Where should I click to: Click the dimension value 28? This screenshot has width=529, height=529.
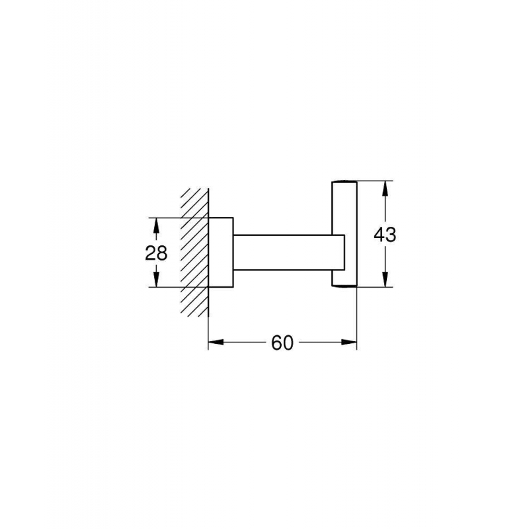coord(157,253)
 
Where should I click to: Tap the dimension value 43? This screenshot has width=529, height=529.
coord(385,235)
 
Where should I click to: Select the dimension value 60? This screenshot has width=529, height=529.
coord(282,343)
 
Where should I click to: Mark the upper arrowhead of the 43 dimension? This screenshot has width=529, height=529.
coord(385,188)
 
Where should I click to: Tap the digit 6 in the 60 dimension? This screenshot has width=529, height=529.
coord(276,343)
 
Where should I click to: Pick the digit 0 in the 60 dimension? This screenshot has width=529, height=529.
coord(288,343)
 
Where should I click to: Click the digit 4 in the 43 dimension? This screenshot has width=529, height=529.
coord(379,235)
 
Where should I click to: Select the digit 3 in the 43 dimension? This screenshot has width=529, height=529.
coord(391,235)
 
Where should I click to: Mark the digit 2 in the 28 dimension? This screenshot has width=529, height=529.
coord(151,253)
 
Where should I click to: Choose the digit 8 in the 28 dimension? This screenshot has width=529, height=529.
coord(163,253)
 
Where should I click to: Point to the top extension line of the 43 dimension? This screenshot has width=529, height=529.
coord(374,181)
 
